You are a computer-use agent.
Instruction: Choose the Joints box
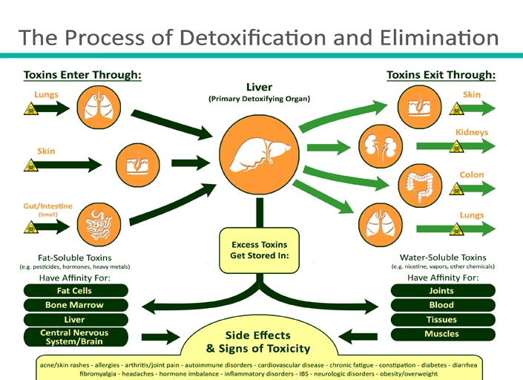[x=442, y=291]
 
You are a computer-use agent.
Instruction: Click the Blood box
[x=442, y=305]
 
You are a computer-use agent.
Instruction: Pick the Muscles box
[x=442, y=334]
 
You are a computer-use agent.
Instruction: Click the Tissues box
[x=442, y=320]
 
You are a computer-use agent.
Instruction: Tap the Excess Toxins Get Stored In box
[x=260, y=249]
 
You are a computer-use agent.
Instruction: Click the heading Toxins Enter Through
[x=82, y=75]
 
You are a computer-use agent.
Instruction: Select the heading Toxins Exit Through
[x=441, y=75]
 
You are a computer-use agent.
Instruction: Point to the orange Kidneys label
[x=472, y=132]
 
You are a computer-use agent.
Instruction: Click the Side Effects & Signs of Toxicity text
[x=258, y=342]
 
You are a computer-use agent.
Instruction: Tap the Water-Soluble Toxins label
[x=442, y=257]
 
